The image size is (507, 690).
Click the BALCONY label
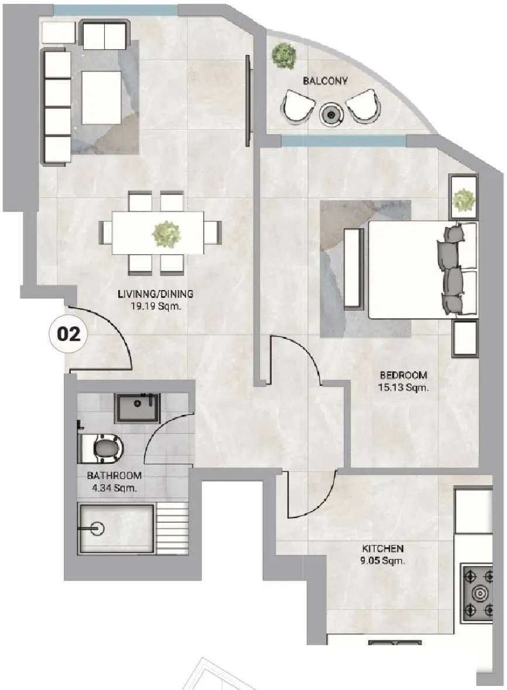(325, 81)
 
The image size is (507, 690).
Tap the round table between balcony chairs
(332, 115)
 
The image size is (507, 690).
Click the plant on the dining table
(166, 234)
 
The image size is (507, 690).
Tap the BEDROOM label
(403, 375)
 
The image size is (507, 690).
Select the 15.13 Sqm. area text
(403, 387)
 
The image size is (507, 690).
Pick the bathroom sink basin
(137, 407)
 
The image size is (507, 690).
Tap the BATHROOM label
(114, 476)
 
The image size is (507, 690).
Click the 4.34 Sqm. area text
(115, 488)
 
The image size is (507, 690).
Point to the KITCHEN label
(383, 548)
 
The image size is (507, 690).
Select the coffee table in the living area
(102, 97)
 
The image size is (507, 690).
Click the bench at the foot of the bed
(354, 269)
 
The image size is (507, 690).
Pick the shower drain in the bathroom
(98, 529)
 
